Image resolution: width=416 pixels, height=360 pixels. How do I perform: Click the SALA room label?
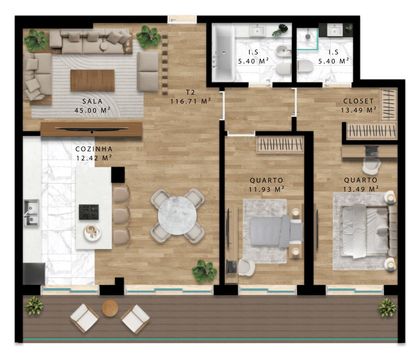click(92, 101)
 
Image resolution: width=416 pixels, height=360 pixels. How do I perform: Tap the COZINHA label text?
click(94, 149)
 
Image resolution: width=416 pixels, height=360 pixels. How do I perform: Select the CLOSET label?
click(358, 101)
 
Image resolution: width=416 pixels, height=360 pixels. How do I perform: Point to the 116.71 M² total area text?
click(190, 101)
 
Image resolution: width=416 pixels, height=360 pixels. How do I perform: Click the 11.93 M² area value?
click(266, 189)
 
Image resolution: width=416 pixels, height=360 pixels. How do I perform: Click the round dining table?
click(177, 215)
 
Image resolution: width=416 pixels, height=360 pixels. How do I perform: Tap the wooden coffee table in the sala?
click(92, 81)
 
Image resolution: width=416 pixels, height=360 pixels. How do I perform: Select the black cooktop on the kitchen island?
click(89, 212)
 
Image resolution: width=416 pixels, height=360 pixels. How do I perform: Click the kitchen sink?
click(31, 213)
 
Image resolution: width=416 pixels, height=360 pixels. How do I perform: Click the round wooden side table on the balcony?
click(110, 308)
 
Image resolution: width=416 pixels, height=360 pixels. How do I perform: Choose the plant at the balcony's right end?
click(387, 308)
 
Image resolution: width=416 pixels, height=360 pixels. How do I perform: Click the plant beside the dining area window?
click(204, 271)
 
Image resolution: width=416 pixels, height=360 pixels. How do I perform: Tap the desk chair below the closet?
click(371, 165)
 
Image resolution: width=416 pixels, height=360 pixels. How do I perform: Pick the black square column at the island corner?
click(118, 175)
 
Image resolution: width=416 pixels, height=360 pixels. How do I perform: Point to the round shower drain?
click(308, 36)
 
